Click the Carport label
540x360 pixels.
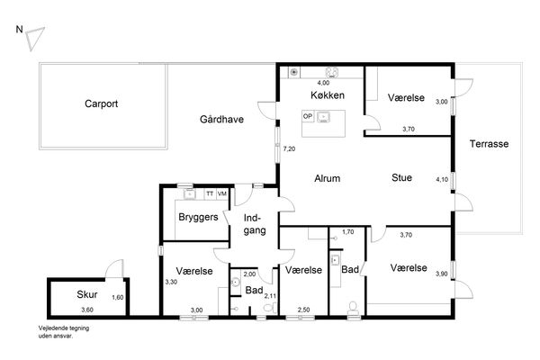[101, 103]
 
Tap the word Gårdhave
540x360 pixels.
[221, 119]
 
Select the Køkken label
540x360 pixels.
[328, 95]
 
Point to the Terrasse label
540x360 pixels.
[489, 144]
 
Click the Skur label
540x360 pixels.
[86, 294]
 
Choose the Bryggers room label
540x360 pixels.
[198, 218]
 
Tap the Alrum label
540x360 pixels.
[328, 178]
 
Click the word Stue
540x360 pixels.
[401, 178]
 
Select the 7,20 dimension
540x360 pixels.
[289, 149]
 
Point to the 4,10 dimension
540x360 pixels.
[442, 179]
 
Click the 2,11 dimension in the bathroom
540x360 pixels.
[270, 296]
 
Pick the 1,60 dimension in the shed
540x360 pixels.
[117, 297]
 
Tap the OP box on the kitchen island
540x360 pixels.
[308, 116]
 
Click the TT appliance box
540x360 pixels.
[210, 194]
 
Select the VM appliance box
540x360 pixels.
[222, 194]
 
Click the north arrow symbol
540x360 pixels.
[34, 37]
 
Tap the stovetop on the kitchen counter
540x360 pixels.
[332, 72]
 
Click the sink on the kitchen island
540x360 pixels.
[323, 117]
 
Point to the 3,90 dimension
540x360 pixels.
[442, 274]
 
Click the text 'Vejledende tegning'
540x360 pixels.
[64, 328]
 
